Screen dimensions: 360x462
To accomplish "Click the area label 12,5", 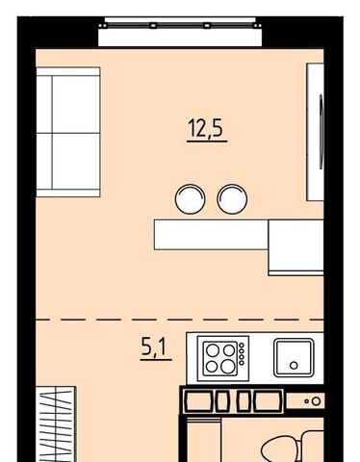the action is point(206,128).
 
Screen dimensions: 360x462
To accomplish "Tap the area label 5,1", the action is point(154,347).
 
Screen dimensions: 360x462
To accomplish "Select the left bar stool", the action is point(190,199).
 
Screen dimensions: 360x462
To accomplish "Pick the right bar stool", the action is point(232,199).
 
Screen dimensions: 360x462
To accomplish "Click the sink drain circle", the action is point(294,365).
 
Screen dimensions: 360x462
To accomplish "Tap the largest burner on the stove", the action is point(228,367).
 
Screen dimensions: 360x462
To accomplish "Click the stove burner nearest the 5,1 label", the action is point(213,350).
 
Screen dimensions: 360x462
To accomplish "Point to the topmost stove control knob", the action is point(242,346).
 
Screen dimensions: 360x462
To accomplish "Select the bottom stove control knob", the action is point(242,363).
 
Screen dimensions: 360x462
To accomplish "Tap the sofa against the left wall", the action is point(68,132).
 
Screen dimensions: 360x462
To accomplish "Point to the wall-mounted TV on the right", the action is point(316,132).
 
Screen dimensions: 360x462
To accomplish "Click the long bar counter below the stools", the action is point(211,235).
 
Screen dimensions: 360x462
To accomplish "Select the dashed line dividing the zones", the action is point(180,320).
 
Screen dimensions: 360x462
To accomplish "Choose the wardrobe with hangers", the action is point(56,424).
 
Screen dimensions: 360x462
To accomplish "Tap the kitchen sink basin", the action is point(294,357).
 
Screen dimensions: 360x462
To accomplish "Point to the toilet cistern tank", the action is point(313,447).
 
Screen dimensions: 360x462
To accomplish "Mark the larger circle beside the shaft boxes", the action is point(316,401).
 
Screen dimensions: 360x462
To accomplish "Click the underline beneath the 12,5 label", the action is point(207,141).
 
